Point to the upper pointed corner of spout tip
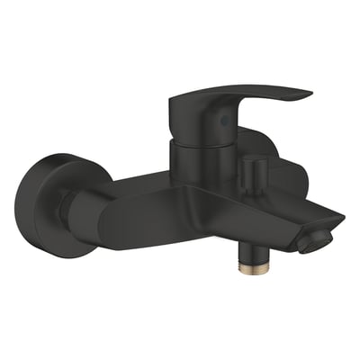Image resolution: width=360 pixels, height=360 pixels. tap(343, 219)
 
